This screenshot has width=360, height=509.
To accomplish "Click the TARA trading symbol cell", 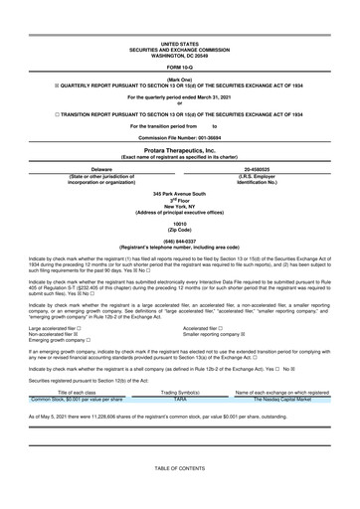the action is click(180, 399).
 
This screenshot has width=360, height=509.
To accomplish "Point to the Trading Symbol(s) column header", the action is click(180, 392).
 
